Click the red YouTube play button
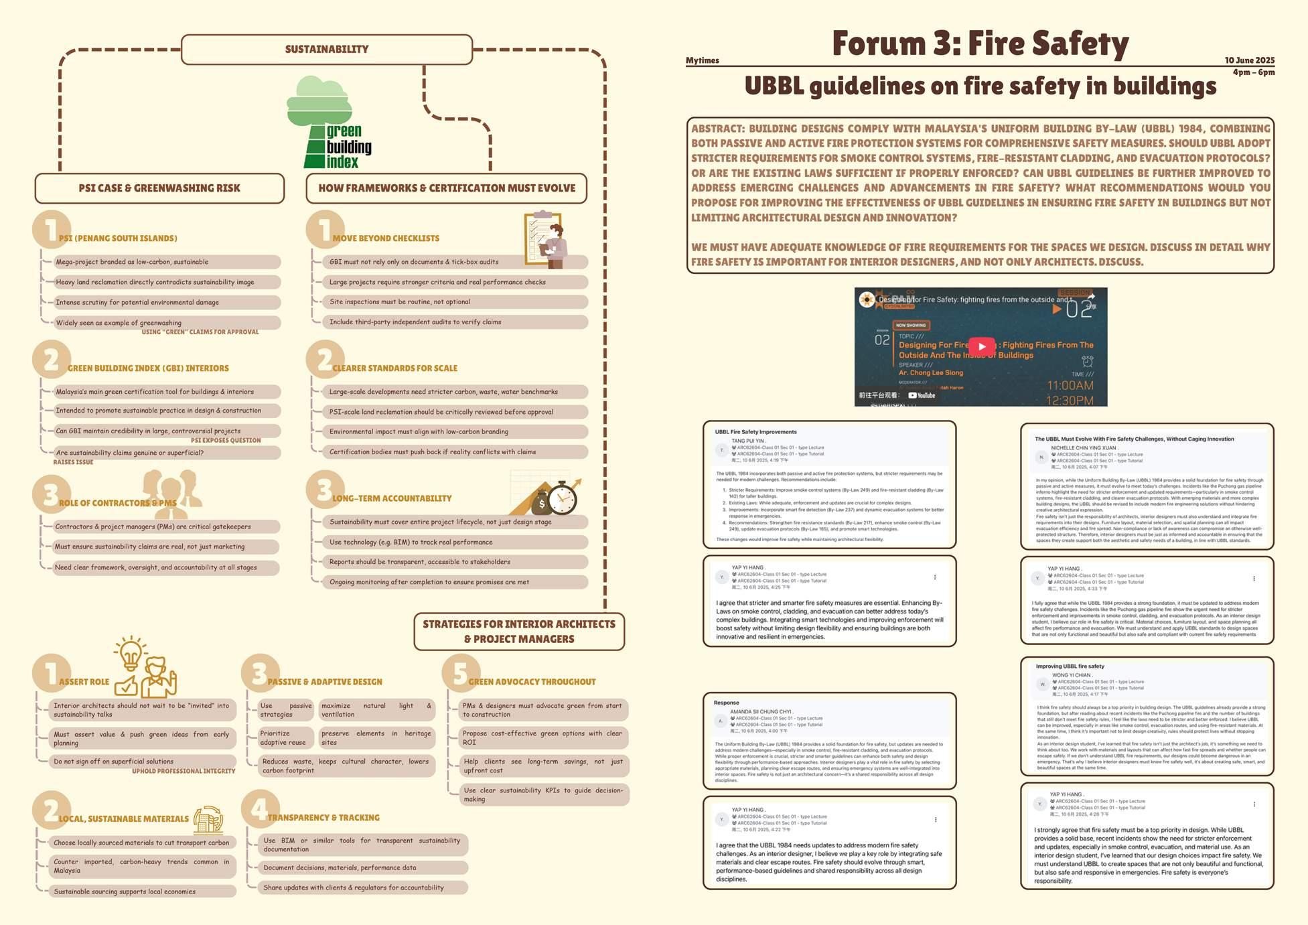pos(982,346)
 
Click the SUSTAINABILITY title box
pos(327,50)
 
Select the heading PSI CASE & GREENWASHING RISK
pos(159,188)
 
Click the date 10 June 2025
pos(1249,60)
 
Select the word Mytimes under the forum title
pos(702,60)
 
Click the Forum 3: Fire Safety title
pos(980,44)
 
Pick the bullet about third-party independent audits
pos(415,322)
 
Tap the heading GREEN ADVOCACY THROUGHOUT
pos(532,682)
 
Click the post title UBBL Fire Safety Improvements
pos(755,432)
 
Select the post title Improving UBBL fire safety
pos(1070,666)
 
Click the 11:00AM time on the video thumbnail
pos(1070,385)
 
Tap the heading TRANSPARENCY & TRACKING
pos(323,818)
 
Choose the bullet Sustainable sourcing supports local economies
pos(125,892)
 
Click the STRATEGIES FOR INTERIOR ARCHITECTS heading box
pos(519,631)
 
